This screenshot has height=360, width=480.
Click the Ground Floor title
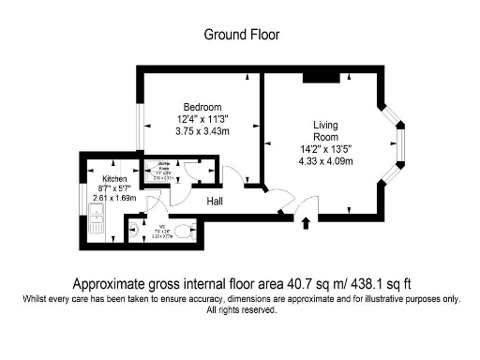point(241,35)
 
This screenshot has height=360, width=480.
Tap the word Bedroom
point(203,106)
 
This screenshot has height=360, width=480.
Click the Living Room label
point(325,131)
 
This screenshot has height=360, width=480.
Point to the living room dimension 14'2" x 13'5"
point(325,149)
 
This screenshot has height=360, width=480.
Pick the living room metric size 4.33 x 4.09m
point(325,161)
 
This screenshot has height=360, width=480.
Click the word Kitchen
point(114,177)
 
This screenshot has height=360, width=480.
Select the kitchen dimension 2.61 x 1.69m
point(114,198)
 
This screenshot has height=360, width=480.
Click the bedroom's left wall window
point(139,126)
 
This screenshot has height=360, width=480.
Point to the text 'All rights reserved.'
point(241,309)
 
